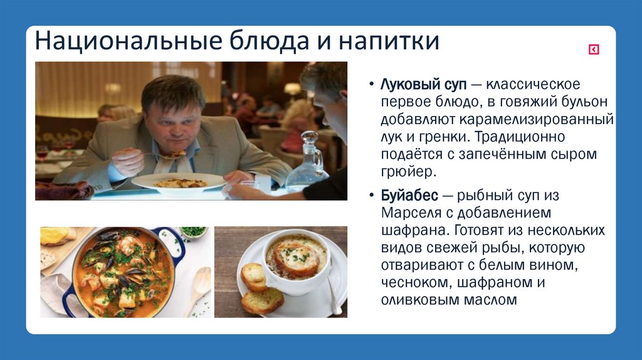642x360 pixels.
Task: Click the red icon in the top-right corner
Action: tap(593, 50)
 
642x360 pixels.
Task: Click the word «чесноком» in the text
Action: tap(411, 282)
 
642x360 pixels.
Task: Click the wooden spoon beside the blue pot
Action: tap(199, 288)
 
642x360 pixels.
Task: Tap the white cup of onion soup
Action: tap(295, 263)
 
